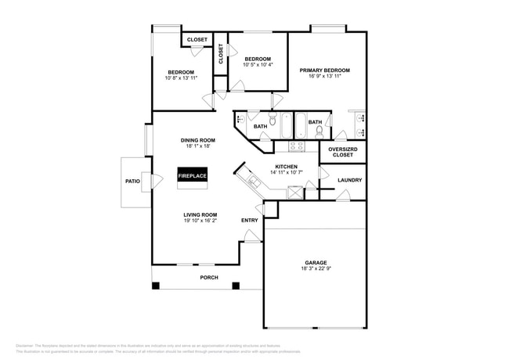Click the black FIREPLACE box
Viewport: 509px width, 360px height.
(x=192, y=176)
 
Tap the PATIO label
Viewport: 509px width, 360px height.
(x=132, y=181)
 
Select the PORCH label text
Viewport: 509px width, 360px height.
(x=208, y=278)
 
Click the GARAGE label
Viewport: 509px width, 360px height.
(x=316, y=262)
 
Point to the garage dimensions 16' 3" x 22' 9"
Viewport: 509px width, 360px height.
(x=316, y=268)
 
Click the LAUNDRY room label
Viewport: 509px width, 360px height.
(x=349, y=180)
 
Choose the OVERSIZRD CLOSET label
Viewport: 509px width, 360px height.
(x=342, y=152)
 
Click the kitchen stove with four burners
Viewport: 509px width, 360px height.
(x=297, y=145)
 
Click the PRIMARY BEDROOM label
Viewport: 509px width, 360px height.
(x=324, y=70)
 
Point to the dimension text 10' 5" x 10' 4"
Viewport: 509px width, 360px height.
(x=258, y=65)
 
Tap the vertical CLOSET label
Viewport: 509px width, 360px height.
(x=221, y=52)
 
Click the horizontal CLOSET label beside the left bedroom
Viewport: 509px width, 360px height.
(x=197, y=39)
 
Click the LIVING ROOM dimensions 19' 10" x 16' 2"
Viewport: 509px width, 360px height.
(x=200, y=221)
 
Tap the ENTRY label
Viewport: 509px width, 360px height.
(x=249, y=220)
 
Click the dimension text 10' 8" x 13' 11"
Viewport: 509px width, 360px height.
(x=181, y=78)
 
